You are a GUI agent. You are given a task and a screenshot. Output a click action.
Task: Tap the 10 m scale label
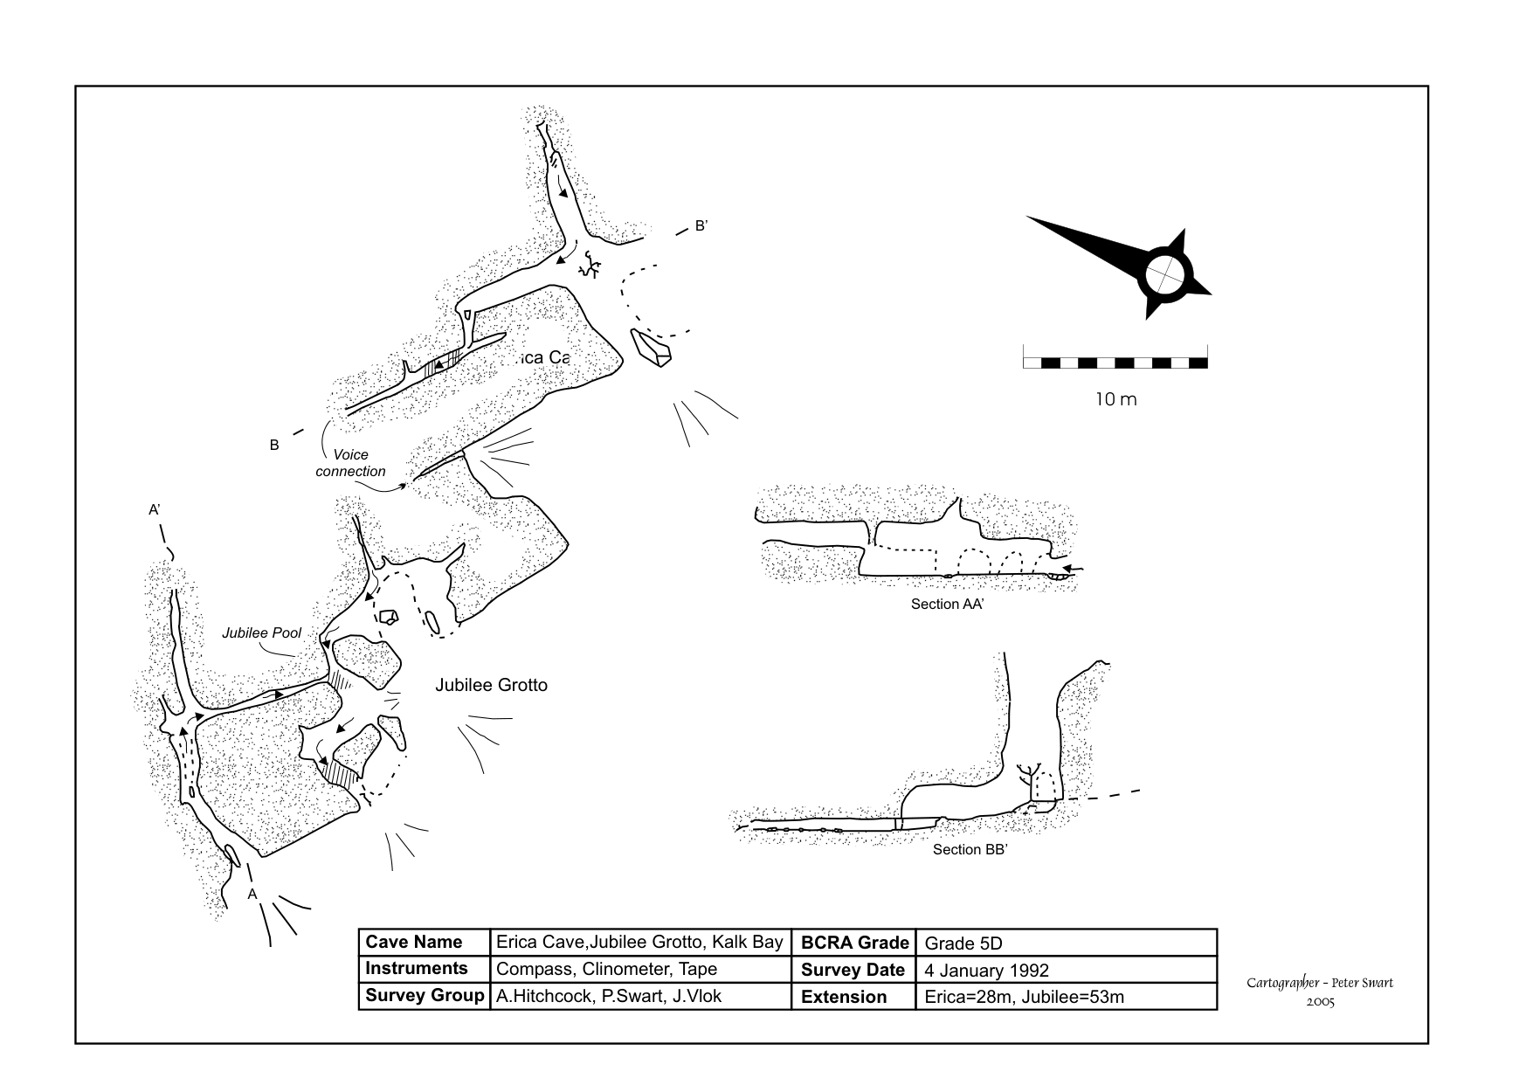click(x=1115, y=400)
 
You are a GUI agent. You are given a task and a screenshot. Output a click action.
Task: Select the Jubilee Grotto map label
click(x=491, y=686)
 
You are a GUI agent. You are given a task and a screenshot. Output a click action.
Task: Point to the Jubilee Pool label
click(x=261, y=632)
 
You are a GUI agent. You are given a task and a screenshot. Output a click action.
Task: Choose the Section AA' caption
click(x=947, y=605)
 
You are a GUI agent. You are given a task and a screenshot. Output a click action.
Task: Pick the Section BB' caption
click(x=970, y=850)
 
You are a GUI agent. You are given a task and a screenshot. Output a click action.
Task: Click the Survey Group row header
click(x=425, y=997)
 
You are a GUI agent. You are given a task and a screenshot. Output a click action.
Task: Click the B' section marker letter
click(x=701, y=226)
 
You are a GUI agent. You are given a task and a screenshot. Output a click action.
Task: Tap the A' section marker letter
click(x=154, y=510)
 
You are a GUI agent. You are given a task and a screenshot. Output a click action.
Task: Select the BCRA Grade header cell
click(x=854, y=943)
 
